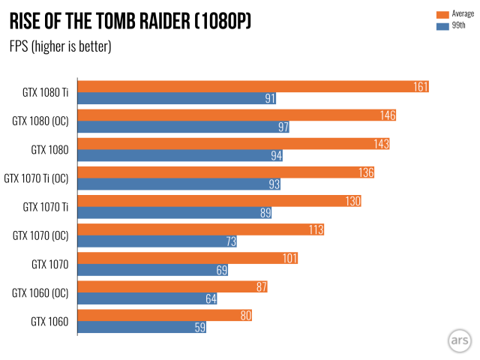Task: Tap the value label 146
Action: (x=388, y=115)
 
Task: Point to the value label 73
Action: (x=232, y=241)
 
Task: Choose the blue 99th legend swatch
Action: (x=442, y=25)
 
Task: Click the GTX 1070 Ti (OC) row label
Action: (x=36, y=178)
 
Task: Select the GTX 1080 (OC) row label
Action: (x=40, y=121)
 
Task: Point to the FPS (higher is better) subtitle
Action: (x=60, y=46)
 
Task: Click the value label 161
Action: (x=421, y=87)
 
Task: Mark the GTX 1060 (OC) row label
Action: (x=40, y=292)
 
